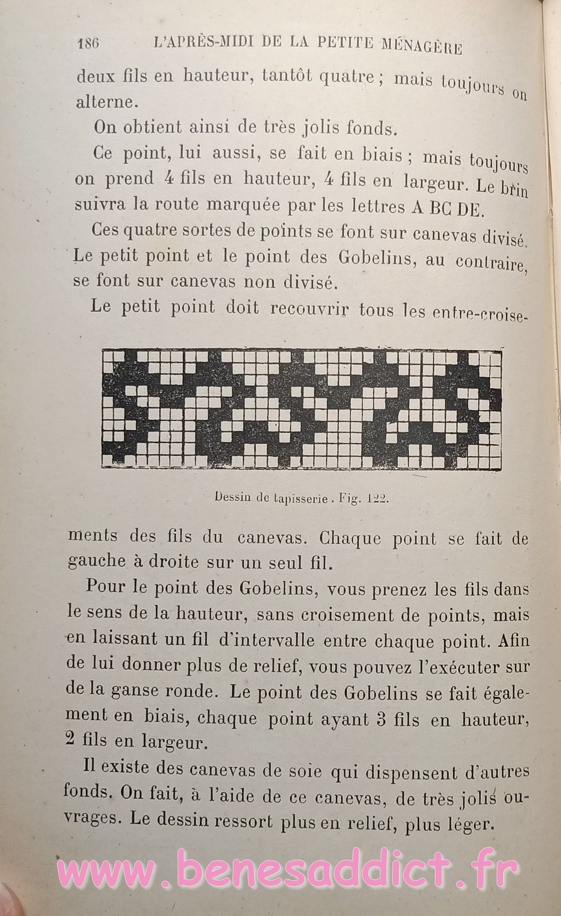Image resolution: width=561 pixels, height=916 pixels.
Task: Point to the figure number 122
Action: (377, 498)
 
